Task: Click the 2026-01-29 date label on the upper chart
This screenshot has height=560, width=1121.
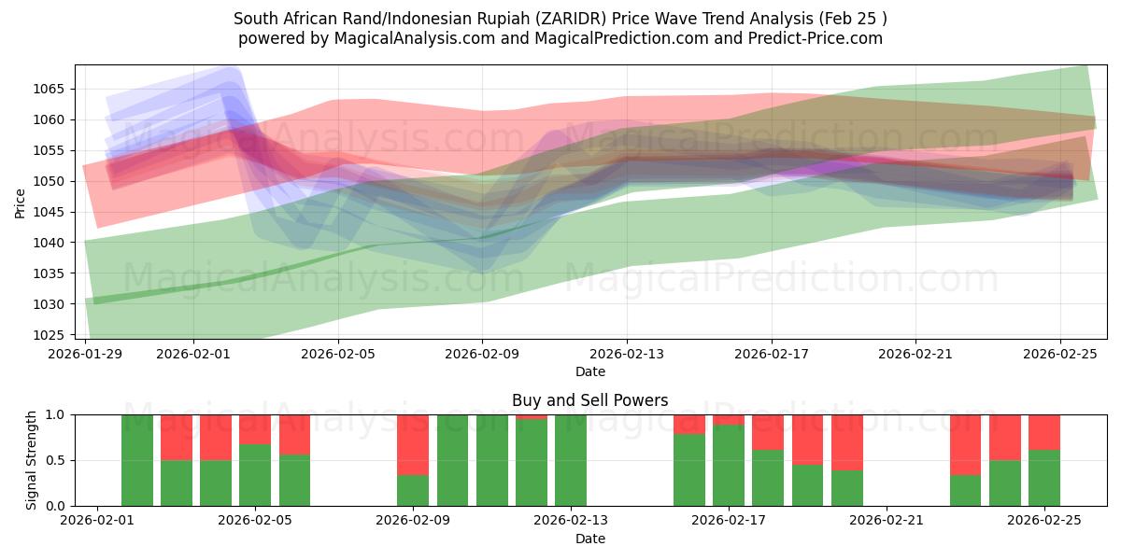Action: (x=86, y=355)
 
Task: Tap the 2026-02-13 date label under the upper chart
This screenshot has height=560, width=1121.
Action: (x=627, y=355)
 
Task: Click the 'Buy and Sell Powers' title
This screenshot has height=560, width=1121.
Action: (x=589, y=400)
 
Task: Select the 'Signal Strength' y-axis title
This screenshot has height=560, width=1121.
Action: (x=33, y=459)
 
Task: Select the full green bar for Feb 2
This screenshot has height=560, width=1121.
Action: (x=137, y=460)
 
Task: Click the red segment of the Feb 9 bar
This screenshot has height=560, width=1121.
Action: (x=413, y=444)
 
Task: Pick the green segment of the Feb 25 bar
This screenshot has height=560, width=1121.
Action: (x=1044, y=478)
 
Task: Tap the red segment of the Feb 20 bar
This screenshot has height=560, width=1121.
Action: (x=847, y=442)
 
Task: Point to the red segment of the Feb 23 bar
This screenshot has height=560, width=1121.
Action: (x=966, y=444)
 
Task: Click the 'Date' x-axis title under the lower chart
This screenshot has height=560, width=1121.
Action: (x=589, y=539)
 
